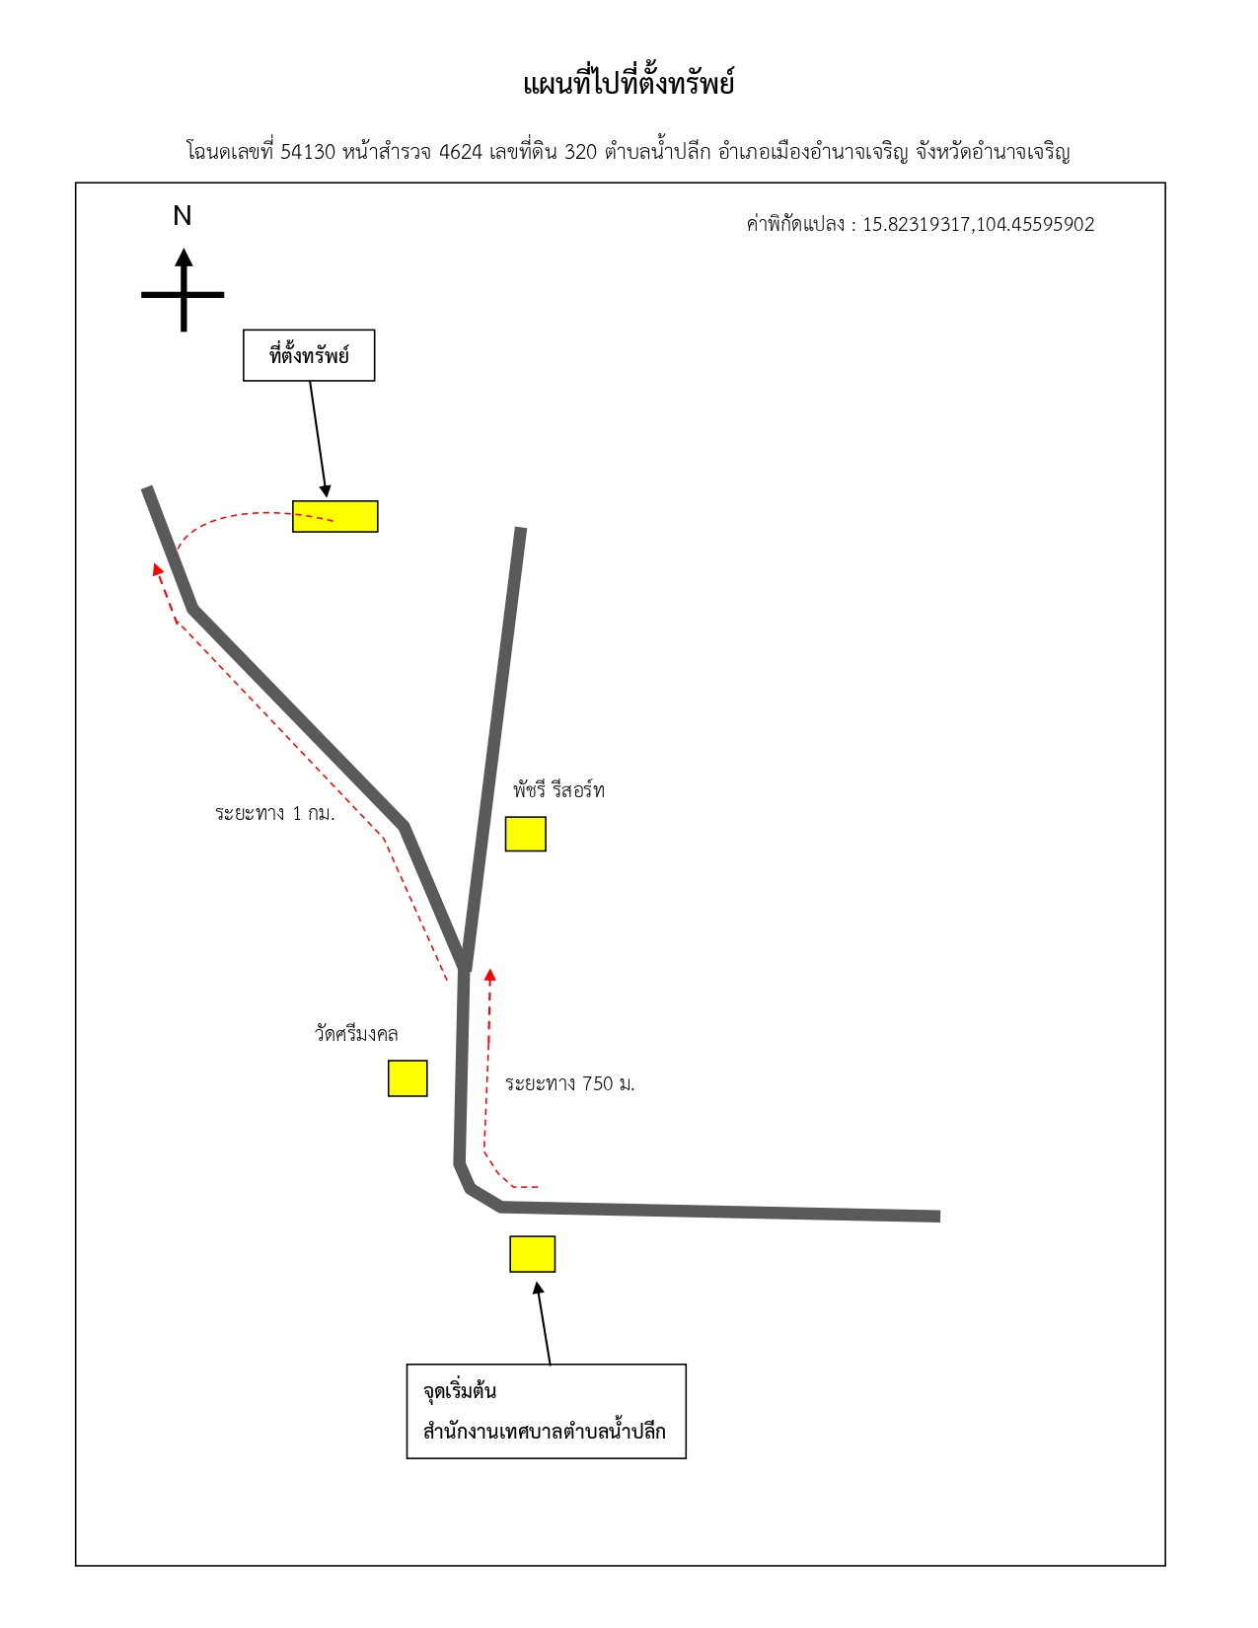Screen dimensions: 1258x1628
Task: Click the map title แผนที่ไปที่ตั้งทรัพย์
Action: click(628, 83)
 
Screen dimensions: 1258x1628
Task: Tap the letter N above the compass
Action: click(183, 216)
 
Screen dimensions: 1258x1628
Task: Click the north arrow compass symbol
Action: click(183, 290)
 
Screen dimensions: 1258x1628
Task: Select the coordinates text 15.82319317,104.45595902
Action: click(978, 225)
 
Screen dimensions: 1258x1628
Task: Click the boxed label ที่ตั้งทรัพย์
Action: click(309, 355)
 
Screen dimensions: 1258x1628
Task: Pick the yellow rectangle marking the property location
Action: click(334, 516)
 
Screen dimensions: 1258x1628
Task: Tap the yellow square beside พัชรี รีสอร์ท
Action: click(525, 834)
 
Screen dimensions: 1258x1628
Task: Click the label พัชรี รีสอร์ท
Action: click(558, 790)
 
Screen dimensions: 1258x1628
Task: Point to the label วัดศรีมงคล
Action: click(356, 1034)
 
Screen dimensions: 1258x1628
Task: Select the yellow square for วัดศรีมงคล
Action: click(407, 1078)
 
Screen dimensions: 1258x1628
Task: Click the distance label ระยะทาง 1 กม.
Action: click(274, 813)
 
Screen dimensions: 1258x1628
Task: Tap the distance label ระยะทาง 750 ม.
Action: click(569, 1083)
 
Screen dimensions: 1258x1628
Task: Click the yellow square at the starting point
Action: click(533, 1254)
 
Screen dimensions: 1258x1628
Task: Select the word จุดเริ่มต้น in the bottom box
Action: click(460, 1391)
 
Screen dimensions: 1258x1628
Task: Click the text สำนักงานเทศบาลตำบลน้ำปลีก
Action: click(544, 1431)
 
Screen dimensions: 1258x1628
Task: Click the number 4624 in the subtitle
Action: click(460, 152)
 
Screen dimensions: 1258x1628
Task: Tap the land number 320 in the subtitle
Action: click(580, 152)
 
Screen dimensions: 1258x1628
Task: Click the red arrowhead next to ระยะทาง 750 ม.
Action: click(490, 975)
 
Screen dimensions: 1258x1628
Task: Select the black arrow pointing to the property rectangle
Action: click(319, 439)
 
